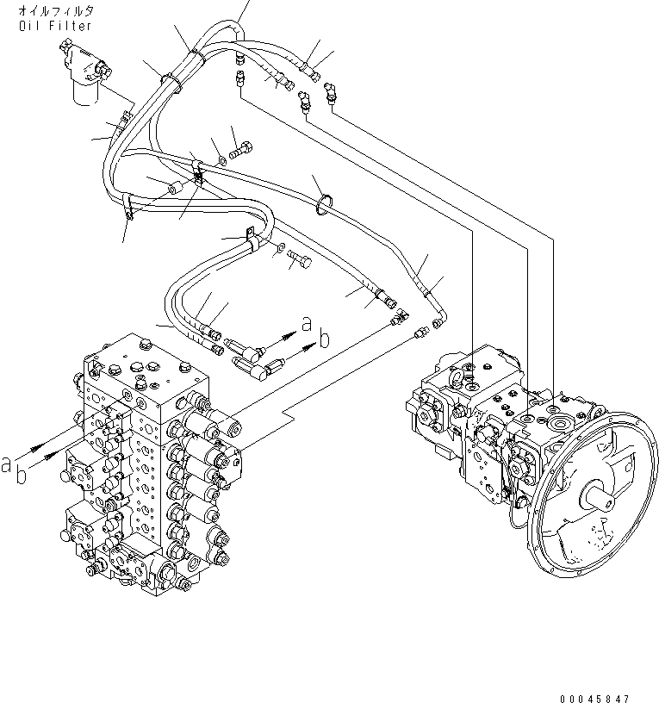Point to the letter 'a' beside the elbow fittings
click(307, 323)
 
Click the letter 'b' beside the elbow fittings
click(324, 340)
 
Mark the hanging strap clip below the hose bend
click(127, 210)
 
